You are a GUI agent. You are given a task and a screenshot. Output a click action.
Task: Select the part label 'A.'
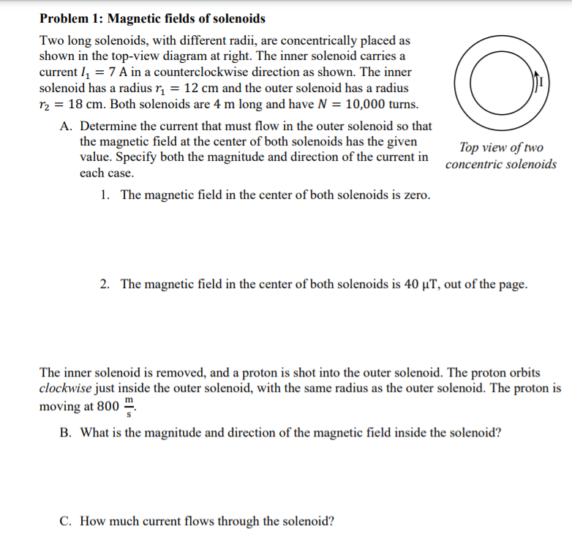(66, 127)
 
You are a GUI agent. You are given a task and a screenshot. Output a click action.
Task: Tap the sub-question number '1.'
(106, 195)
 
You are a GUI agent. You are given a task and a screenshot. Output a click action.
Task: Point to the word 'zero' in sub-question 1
(415, 195)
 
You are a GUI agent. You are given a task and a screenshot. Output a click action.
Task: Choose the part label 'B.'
(66, 432)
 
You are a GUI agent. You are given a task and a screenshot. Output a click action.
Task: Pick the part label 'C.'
(66, 521)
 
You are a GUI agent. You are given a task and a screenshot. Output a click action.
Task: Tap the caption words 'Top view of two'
(500, 148)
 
